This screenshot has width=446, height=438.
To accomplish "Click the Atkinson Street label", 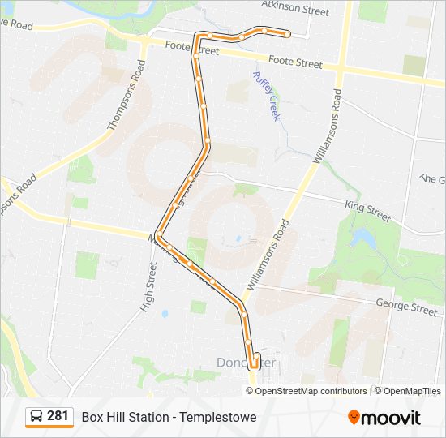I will tap(294, 11).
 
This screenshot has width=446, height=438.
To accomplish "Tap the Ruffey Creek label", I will tap(266, 97).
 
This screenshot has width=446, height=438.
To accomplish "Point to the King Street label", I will tap(367, 212).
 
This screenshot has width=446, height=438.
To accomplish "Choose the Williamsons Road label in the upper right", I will tap(327, 130).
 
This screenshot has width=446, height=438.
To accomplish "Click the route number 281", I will tap(58, 416).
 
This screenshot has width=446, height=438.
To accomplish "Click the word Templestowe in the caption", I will tap(218, 417).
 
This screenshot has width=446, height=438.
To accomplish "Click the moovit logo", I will tap(384, 418).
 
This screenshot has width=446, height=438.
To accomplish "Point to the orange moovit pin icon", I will tap(354, 417).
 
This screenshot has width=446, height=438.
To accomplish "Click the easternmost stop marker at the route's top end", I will tap(287, 34).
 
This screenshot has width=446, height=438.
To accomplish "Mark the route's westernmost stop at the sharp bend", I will tap(159, 236).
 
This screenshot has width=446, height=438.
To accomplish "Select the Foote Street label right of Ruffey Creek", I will tap(295, 62).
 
